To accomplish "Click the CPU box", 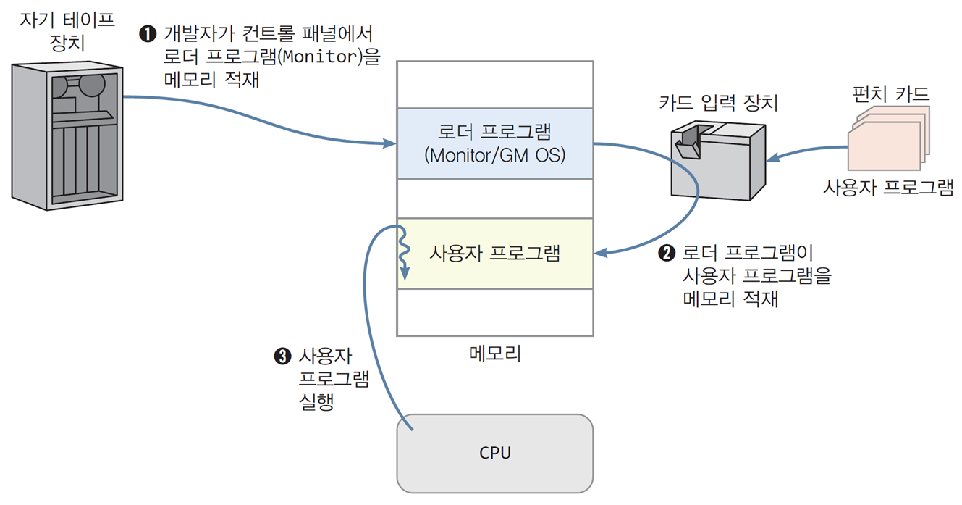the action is (x=494, y=454).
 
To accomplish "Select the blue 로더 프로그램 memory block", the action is (x=494, y=143).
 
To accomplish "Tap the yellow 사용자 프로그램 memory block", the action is (x=494, y=254).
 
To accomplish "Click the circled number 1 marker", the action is (x=148, y=33).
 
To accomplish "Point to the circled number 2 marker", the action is (x=667, y=253).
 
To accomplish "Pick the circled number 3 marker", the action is (x=282, y=356).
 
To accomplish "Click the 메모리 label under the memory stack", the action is (x=494, y=354).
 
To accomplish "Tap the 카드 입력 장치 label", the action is (x=719, y=103).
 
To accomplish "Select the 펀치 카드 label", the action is (x=891, y=94).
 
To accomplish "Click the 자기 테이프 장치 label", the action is (x=67, y=31).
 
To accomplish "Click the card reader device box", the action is (x=718, y=160).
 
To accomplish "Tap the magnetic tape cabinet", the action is (x=67, y=135).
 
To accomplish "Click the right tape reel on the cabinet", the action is (x=92, y=85).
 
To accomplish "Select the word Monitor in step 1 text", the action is (x=320, y=57).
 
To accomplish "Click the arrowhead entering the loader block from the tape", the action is (x=389, y=143).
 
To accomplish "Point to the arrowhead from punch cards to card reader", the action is (x=773, y=158).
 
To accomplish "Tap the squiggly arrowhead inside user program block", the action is (x=405, y=274).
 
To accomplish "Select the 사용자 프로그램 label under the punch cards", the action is (x=888, y=188).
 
